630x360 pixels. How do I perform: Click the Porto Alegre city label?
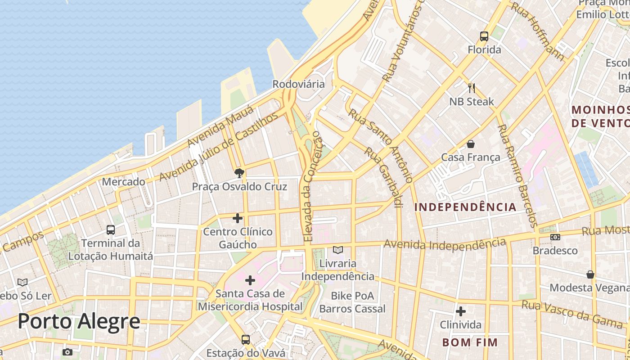79,322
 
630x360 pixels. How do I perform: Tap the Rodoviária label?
298,84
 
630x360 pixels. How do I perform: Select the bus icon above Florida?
484,36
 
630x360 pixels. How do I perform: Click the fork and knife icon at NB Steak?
472,88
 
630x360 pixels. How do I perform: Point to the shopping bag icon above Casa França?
470,144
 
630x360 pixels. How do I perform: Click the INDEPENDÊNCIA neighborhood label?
465,207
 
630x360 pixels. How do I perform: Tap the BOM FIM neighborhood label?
470,342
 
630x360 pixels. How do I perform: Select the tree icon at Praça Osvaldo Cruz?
239,173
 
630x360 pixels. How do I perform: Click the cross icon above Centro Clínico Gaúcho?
238,219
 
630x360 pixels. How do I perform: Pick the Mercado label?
123,182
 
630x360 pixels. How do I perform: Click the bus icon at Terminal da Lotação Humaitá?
111,230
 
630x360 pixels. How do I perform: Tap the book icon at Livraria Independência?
337,250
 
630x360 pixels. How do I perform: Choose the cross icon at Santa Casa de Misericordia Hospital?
250,281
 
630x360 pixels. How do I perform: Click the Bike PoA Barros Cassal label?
352,302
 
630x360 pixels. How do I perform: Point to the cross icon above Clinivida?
460,311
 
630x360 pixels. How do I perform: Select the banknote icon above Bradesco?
555,237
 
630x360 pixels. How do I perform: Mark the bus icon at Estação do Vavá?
245,339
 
